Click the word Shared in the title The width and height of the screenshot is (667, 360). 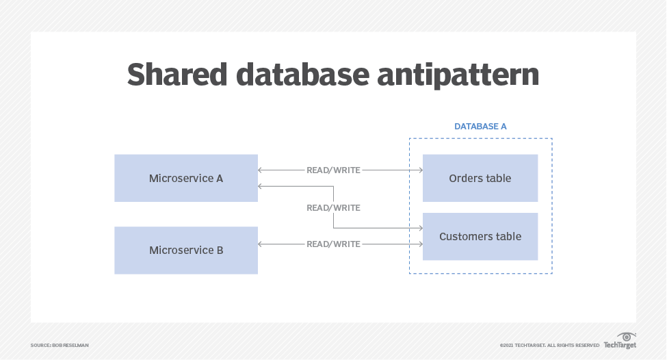[x=176, y=75]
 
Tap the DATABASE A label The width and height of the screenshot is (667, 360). [x=480, y=127]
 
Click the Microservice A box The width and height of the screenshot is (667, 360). [x=186, y=178]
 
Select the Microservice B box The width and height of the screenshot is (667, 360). [x=186, y=250]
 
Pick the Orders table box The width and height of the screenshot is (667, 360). [x=480, y=178]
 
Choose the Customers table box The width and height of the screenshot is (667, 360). [x=480, y=237]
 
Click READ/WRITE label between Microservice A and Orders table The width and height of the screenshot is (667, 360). [x=333, y=170]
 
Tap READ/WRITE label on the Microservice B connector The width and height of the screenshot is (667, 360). [x=333, y=244]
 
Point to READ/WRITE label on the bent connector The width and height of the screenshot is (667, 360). [x=333, y=207]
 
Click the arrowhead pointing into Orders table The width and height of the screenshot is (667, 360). [x=419, y=170]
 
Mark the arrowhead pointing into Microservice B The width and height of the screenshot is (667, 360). [x=261, y=244]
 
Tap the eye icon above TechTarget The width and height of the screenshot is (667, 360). [x=627, y=336]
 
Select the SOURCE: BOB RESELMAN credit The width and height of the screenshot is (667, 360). [x=60, y=345]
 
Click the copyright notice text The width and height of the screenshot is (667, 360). [x=549, y=345]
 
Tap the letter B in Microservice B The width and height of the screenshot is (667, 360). [x=220, y=250]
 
